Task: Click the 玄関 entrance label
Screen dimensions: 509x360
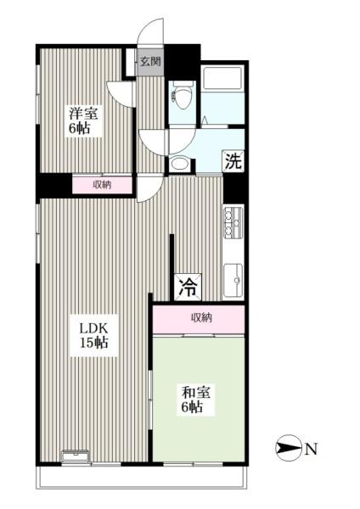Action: pyautogui.click(x=150, y=61)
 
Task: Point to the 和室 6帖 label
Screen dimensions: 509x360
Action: pyautogui.click(x=195, y=399)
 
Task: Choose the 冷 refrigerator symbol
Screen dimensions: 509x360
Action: pyautogui.click(x=187, y=287)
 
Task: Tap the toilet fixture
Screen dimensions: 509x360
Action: pyautogui.click(x=181, y=93)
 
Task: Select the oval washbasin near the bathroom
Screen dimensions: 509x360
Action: pyautogui.click(x=179, y=164)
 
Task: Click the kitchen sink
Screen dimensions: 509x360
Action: pyautogui.click(x=233, y=277)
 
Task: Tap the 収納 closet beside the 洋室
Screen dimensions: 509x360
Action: pyautogui.click(x=101, y=184)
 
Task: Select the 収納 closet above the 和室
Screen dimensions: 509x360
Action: pyautogui.click(x=200, y=317)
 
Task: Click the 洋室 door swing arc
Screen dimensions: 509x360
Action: pyautogui.click(x=121, y=92)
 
